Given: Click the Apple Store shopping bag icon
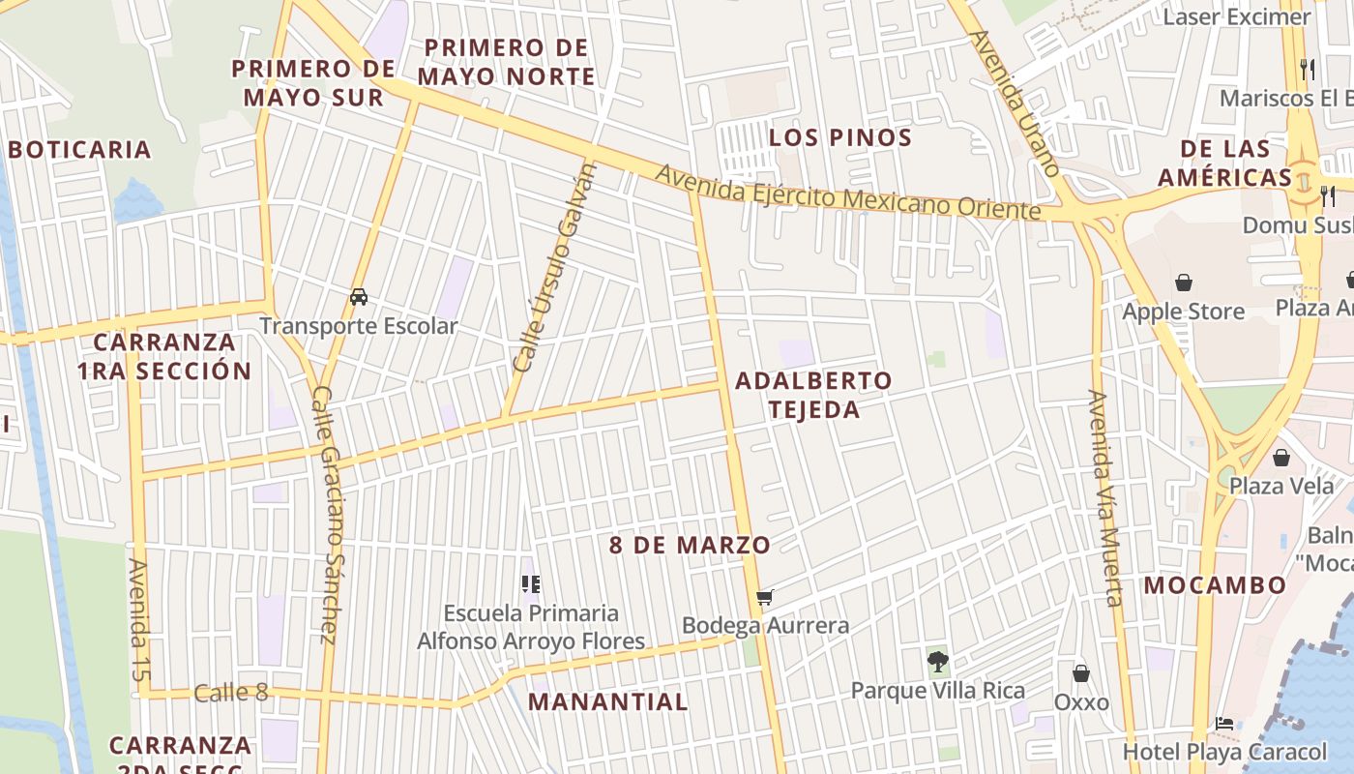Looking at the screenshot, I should pyautogui.click(x=1183, y=283).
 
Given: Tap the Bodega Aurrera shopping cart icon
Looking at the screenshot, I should pyautogui.click(x=765, y=597).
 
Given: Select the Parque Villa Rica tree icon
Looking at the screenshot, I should pyautogui.click(x=937, y=662).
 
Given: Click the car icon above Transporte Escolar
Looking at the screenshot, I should pyautogui.click(x=359, y=297).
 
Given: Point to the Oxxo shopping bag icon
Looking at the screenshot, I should pyautogui.click(x=1081, y=672).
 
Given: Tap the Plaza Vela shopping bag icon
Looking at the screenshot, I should pyautogui.click(x=1281, y=457).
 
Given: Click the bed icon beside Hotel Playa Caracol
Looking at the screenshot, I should pyautogui.click(x=1224, y=723).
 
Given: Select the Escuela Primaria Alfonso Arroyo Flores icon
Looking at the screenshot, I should pyautogui.click(x=530, y=583).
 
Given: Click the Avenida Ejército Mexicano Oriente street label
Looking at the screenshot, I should pyautogui.click(x=848, y=192).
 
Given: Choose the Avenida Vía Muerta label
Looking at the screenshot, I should pyautogui.click(x=1104, y=497).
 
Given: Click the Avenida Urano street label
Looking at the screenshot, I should pyautogui.click(x=1015, y=103).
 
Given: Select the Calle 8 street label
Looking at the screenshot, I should pyautogui.click(x=230, y=693).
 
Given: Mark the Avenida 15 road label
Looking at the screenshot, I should pyautogui.click(x=140, y=619).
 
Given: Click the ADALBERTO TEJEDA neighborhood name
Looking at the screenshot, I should pyautogui.click(x=813, y=395).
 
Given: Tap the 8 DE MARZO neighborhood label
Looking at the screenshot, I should pyautogui.click(x=690, y=545).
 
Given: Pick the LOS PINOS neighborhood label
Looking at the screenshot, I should pyautogui.click(x=840, y=137).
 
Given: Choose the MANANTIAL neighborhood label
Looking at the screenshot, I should pyautogui.click(x=608, y=701).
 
